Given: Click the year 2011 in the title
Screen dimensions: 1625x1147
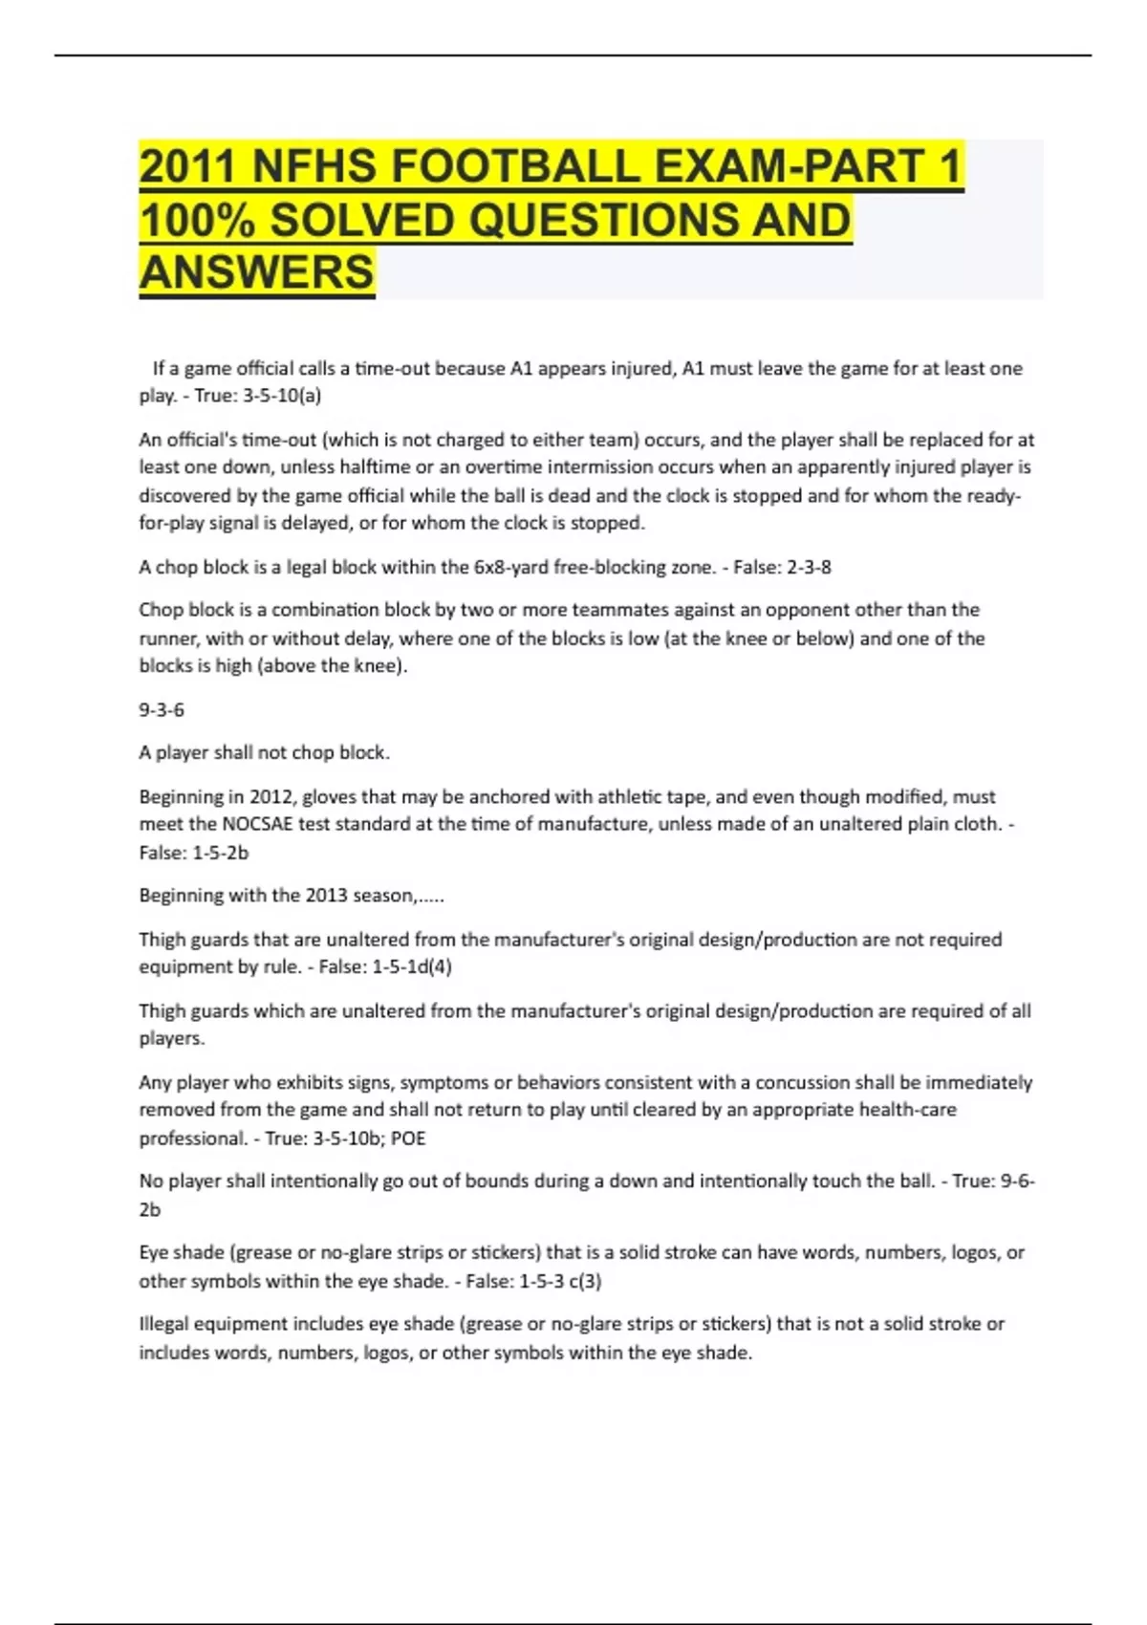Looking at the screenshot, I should [186, 166].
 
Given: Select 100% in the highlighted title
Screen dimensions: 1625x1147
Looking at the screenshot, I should [197, 220].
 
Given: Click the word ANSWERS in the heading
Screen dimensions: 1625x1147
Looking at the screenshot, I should [257, 272].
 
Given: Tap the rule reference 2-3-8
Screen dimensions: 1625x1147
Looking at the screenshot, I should [809, 567].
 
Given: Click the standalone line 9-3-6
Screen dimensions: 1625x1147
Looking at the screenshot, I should [162, 710].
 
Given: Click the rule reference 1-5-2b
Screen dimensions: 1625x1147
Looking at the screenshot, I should [220, 853].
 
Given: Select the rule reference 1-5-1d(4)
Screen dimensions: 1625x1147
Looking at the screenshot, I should [412, 967].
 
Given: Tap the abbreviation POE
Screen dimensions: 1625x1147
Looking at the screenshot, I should [408, 1138].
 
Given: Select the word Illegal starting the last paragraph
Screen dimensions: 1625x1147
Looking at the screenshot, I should [163, 1324].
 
